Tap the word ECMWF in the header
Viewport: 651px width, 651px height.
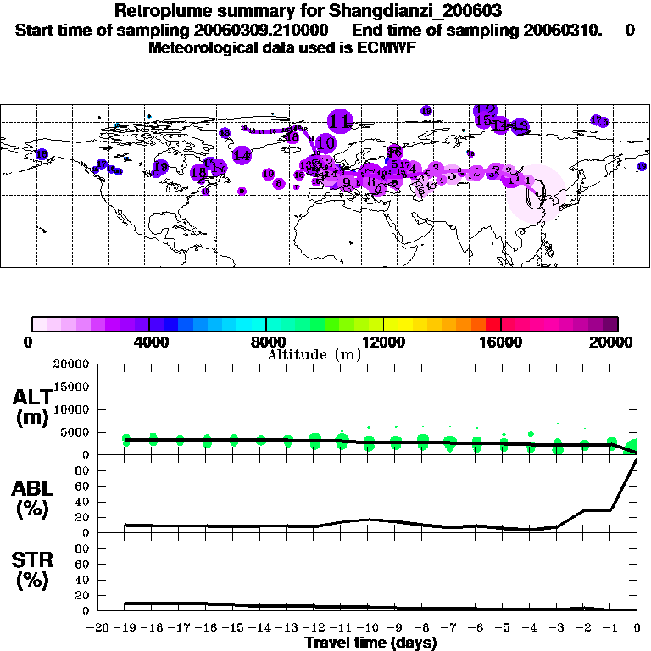tap(385, 48)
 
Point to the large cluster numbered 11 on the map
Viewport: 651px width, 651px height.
tap(341, 121)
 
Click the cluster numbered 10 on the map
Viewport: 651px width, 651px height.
tap(325, 143)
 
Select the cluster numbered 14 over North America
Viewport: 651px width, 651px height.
tap(242, 155)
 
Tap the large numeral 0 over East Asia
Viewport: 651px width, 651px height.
tap(533, 197)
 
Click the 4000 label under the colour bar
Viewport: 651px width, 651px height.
tap(149, 342)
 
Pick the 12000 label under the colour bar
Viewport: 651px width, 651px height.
tap(384, 342)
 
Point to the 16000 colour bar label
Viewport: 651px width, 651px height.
tap(501, 342)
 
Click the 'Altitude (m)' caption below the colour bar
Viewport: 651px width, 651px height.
tap(314, 354)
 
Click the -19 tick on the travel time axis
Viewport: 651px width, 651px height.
tap(125, 628)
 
